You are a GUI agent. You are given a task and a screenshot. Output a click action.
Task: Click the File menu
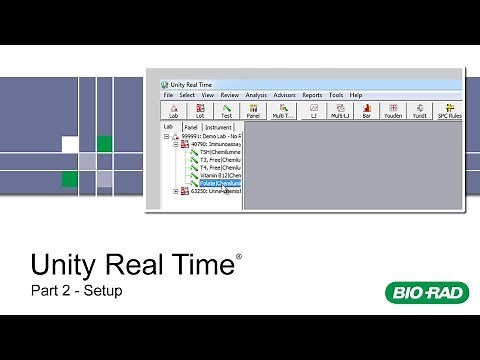click(168, 95)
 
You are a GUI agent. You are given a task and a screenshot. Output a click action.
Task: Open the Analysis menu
click(256, 95)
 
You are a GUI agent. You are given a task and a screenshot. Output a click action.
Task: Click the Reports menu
click(312, 95)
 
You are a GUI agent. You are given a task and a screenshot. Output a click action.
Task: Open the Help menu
click(356, 95)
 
